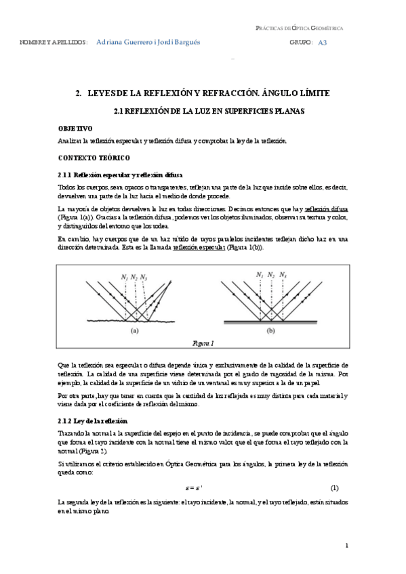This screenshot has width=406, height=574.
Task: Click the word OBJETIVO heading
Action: [75, 128]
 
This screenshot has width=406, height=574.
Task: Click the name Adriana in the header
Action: [113, 41]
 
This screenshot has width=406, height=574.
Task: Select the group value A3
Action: [322, 42]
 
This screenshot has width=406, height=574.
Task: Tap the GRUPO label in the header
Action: [300, 42]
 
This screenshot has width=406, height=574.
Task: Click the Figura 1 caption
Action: [203, 344]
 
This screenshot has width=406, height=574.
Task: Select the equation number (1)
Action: [333, 487]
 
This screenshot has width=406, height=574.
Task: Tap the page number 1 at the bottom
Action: [346, 546]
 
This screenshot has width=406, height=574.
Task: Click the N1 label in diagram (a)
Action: [124, 278]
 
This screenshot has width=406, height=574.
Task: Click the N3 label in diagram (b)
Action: [282, 274]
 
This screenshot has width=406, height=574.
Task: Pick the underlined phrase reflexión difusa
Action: [326, 210]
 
